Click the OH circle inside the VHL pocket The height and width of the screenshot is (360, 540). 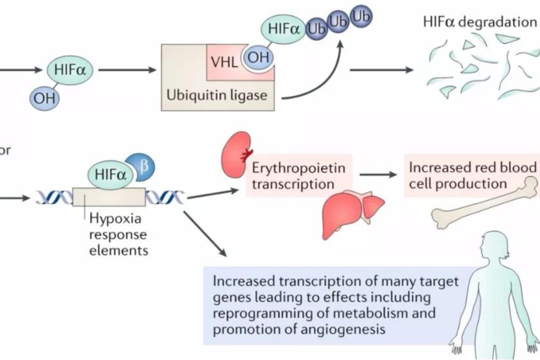(x=257, y=58)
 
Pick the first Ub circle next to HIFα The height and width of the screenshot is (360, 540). (x=316, y=30)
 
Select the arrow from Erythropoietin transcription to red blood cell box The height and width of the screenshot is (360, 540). (x=379, y=174)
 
